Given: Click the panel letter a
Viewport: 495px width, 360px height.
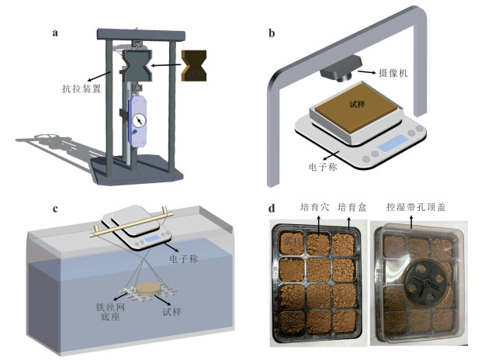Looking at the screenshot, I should tap(55, 33).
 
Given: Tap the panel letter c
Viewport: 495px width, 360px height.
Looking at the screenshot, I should tap(54, 207).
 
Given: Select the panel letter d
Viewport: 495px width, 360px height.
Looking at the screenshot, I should tap(271, 208).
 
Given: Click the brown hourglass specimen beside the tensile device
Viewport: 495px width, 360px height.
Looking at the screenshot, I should tap(194, 66).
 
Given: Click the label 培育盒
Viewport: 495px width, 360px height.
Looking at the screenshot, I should tap(353, 208).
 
